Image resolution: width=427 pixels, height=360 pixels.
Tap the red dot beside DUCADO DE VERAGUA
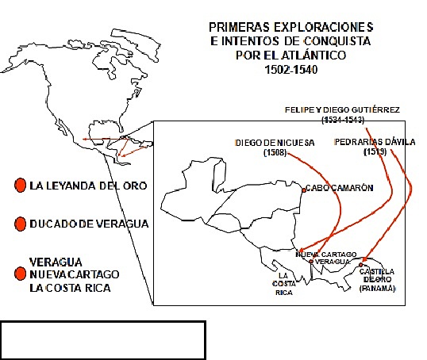pos(21,224)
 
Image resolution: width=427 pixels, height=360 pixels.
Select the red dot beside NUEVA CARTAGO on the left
pos(21,274)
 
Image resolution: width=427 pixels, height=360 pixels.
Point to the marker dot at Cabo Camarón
pos(304,189)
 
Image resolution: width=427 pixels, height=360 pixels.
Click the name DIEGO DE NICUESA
pos(275,142)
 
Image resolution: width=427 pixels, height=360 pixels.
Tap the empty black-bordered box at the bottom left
pos(103,339)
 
